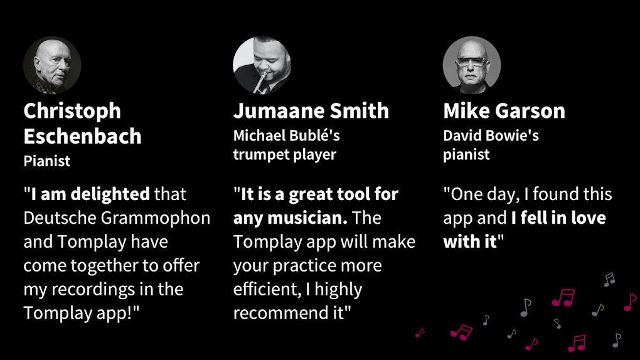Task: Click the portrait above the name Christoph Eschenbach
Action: click(x=52, y=65)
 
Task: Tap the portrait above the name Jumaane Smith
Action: click(x=262, y=65)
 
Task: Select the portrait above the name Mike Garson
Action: click(x=472, y=65)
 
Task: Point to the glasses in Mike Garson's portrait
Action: click(x=472, y=61)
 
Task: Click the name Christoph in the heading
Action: click(x=72, y=111)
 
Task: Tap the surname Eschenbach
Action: click(x=82, y=136)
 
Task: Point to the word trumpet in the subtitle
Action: click(x=258, y=155)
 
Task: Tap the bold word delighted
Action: click(x=110, y=194)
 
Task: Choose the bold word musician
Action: click(x=307, y=218)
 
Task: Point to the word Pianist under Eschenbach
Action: click(x=47, y=161)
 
